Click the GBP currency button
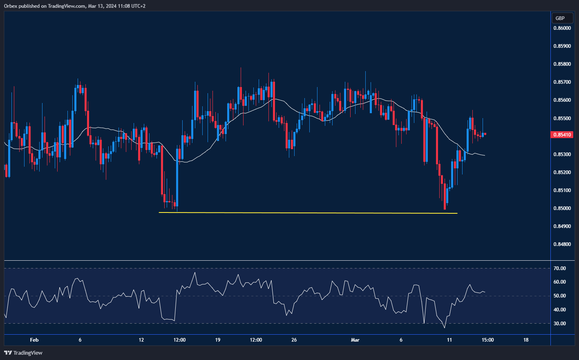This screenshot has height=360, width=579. [x=560, y=18]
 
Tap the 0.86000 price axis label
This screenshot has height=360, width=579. [x=562, y=28]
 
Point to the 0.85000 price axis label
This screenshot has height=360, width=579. [x=562, y=208]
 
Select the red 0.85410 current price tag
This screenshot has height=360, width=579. [x=563, y=134]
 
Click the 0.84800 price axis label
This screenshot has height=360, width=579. [x=562, y=244]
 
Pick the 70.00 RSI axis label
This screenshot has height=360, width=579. [x=560, y=268]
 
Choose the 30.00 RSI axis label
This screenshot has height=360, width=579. [x=560, y=324]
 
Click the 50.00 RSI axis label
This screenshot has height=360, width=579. [x=560, y=296]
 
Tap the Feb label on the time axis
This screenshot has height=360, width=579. [x=34, y=340]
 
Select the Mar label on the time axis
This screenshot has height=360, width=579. [x=355, y=340]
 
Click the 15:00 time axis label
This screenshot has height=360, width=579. [x=487, y=340]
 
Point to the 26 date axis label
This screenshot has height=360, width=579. [x=294, y=340]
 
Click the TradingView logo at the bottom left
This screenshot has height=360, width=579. [x=23, y=353]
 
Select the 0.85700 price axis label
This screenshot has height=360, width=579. [x=562, y=82]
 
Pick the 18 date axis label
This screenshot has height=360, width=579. [x=526, y=340]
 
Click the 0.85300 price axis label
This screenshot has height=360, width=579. [x=562, y=154]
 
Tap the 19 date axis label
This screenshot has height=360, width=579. [x=217, y=340]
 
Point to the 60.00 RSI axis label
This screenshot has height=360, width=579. [x=560, y=282]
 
